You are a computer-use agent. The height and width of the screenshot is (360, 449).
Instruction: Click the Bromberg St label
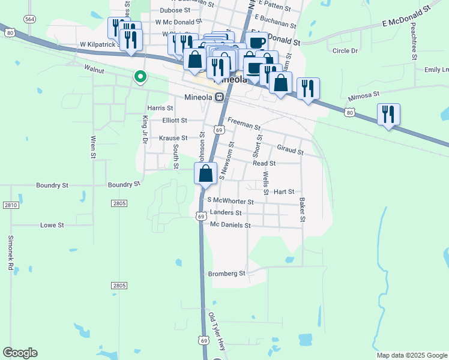(227, 274)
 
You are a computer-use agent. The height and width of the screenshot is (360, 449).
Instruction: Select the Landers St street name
(226, 212)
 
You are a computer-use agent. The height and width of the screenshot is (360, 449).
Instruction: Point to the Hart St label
(284, 192)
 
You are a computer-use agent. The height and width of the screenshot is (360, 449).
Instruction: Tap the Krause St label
(173, 138)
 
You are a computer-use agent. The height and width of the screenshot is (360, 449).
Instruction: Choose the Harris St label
(160, 108)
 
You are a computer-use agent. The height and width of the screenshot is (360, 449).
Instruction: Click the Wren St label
(93, 147)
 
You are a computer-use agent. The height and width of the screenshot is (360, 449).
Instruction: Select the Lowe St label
(52, 225)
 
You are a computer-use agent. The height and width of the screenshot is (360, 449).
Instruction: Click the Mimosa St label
(364, 94)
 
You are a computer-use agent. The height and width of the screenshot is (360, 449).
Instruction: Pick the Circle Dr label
(345, 51)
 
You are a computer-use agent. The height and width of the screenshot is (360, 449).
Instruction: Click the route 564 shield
(29, 19)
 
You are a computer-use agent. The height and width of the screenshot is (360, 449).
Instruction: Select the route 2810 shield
(10, 205)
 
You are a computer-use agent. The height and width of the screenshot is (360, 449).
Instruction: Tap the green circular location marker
(140, 76)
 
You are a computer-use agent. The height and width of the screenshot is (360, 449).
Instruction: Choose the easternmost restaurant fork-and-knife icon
(388, 113)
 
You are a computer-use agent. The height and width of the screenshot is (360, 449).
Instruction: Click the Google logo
(20, 353)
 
